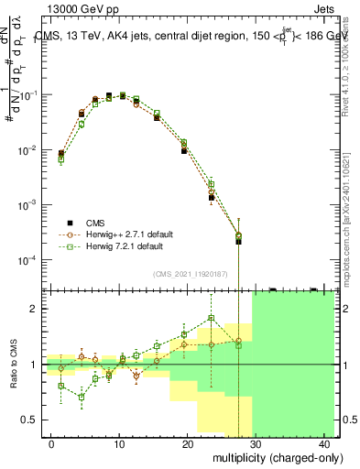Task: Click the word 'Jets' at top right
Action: coord(326,8)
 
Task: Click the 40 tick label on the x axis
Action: coord(326,444)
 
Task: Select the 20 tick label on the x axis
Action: coord(189,444)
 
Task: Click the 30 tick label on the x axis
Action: coord(257,444)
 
